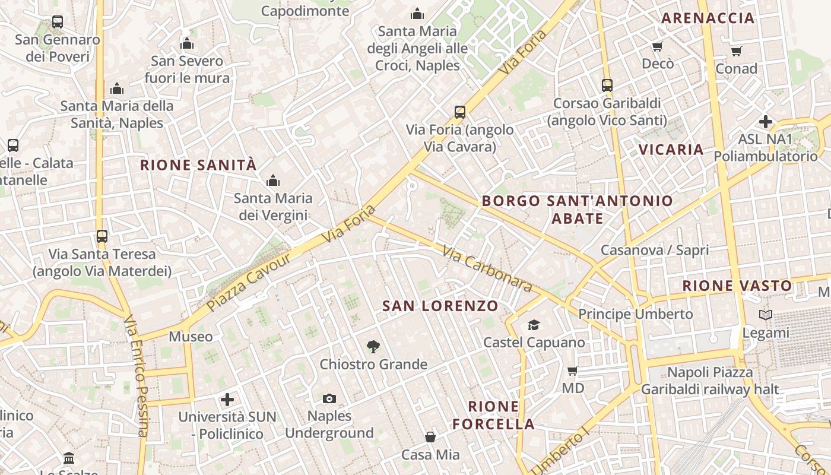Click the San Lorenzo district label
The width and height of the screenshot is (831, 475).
[440, 306]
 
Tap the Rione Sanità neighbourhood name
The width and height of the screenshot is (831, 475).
[198, 165]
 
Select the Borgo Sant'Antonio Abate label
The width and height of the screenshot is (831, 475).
[577, 210]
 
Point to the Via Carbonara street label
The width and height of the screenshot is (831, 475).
[487, 269]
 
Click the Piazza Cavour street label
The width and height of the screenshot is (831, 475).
[249, 282]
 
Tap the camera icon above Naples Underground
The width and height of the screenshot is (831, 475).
[329, 398]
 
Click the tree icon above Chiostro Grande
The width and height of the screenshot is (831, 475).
[373, 346]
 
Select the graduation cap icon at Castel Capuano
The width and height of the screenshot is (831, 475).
[534, 325]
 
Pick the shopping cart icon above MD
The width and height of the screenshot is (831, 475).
[573, 370]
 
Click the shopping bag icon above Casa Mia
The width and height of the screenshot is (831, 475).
[430, 437]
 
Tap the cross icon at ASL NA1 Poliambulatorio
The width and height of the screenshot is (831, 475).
[766, 122]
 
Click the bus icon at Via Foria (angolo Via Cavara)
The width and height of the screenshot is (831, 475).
[459, 112]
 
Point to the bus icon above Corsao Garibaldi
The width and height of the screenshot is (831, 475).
[607, 85]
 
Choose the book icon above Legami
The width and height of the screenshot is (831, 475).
[766, 315]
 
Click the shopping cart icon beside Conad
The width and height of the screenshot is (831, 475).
[737, 51]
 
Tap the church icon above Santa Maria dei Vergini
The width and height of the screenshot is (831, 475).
[273, 180]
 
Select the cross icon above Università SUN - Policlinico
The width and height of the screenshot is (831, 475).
[227, 399]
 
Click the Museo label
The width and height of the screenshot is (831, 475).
[191, 337]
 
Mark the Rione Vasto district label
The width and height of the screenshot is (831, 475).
[737, 286]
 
